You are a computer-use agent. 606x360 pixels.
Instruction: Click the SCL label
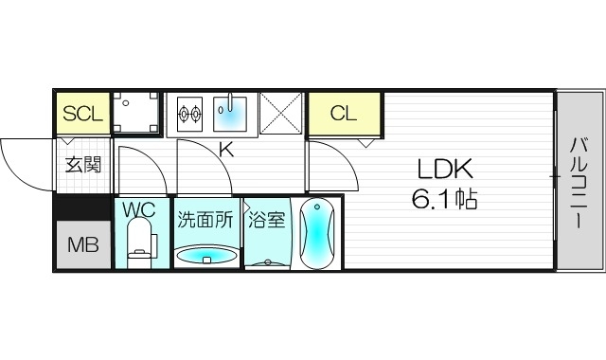pyautogui.click(x=81, y=114)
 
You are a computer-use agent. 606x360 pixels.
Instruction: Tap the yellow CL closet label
pyautogui.click(x=343, y=114)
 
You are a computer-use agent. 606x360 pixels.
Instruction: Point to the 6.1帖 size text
pyautogui.click(x=445, y=200)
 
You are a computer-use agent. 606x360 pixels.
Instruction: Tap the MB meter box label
pyautogui.click(x=81, y=245)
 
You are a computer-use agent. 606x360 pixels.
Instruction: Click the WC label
pyautogui.click(x=142, y=208)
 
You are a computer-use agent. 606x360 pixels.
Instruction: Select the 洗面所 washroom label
pyautogui.click(x=205, y=221)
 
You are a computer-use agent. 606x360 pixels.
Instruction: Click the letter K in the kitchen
pyautogui.click(x=226, y=149)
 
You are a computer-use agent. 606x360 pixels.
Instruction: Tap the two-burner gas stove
pyautogui.click(x=189, y=115)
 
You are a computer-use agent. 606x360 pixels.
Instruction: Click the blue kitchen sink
pyautogui.click(x=230, y=115)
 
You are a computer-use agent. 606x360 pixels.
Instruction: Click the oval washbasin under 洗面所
pyautogui.click(x=205, y=255)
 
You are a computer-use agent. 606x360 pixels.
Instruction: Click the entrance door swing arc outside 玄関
pyautogui.click(x=27, y=161)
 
